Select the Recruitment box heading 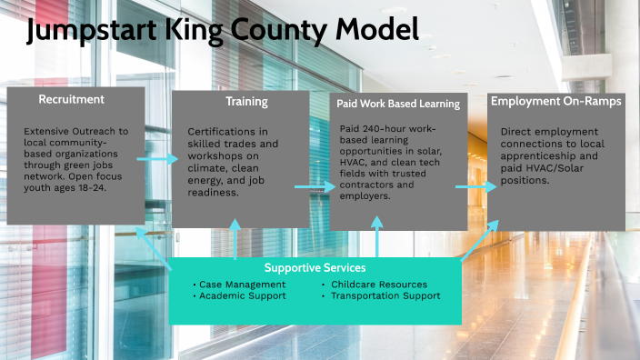[x=71, y=99]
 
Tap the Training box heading [x=245, y=102]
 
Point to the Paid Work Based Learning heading [x=398, y=104]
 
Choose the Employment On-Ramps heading [x=556, y=101]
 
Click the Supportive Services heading [x=315, y=267]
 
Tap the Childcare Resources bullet [x=374, y=284]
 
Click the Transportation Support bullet [x=381, y=295]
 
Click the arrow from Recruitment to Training [x=157, y=160]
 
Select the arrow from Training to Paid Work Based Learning [x=315, y=187]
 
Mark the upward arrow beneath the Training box [x=235, y=241]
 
